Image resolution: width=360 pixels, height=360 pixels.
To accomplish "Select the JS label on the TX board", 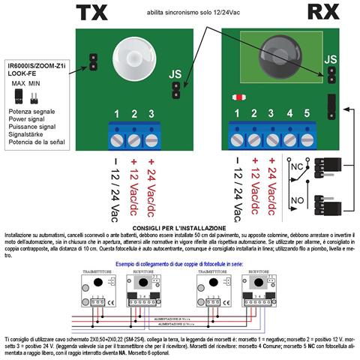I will [x=175, y=75].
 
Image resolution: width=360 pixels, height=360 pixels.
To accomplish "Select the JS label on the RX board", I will [x=331, y=59].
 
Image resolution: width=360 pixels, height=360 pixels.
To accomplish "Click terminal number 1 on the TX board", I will [x=117, y=115].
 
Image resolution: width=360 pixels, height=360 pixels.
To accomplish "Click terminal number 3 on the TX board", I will [x=152, y=115].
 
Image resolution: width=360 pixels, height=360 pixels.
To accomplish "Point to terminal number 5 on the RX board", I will [x=307, y=115].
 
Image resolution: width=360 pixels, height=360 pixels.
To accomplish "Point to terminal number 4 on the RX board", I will [x=289, y=115].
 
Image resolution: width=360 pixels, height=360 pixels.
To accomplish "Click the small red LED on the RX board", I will [x=239, y=97].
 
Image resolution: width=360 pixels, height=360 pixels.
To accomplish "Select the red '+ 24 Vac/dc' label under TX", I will [x=153, y=184].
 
